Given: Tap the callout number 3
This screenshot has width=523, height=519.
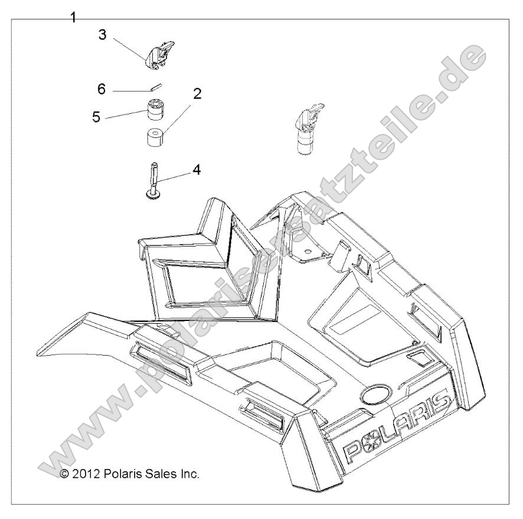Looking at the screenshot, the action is point(102,35).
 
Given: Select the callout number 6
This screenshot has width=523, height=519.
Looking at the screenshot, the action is point(102,89).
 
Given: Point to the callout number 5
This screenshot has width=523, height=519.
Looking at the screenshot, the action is point(96,116).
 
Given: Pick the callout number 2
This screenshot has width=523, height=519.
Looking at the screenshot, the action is point(197,93).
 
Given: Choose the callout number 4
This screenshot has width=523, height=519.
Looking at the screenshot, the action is point(196,170).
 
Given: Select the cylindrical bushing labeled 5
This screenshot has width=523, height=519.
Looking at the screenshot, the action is point(155,111).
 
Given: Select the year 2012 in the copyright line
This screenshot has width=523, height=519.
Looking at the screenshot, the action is point(88,474).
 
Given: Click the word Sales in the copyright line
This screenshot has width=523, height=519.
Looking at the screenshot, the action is point(159,474).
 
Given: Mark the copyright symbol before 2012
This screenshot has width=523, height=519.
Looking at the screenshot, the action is point(66,474).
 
